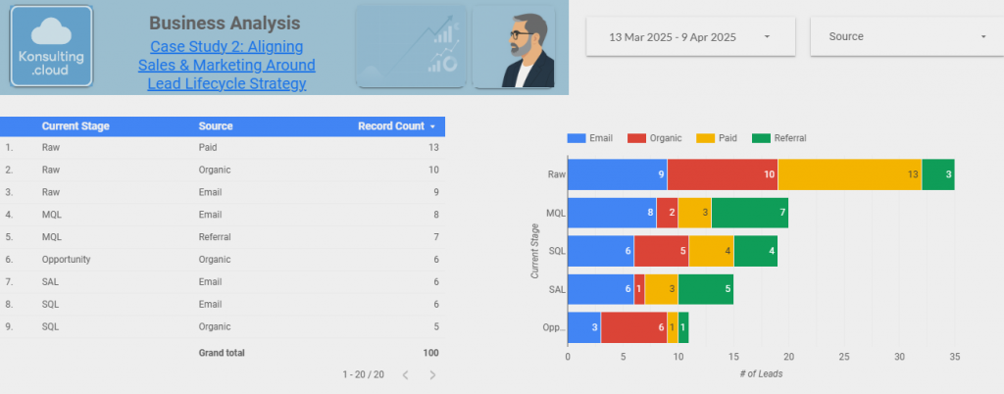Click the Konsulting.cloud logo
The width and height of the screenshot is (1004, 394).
click(51, 48)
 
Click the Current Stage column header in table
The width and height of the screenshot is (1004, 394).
click(75, 126)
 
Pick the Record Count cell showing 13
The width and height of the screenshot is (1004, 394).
click(432, 147)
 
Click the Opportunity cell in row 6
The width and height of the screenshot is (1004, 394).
click(66, 260)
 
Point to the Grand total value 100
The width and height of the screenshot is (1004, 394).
click(430, 353)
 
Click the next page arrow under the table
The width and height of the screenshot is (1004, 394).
click(432, 375)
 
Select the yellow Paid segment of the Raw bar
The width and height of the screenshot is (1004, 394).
click(849, 174)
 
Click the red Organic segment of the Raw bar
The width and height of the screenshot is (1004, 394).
click(722, 174)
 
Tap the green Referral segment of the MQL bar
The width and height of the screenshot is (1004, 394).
click(749, 213)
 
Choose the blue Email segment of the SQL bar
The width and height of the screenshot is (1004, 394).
click(600, 251)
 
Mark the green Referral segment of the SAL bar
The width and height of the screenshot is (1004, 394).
click(705, 289)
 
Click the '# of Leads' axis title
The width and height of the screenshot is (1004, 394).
click(761, 373)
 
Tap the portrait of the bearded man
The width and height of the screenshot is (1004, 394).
click(513, 47)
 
